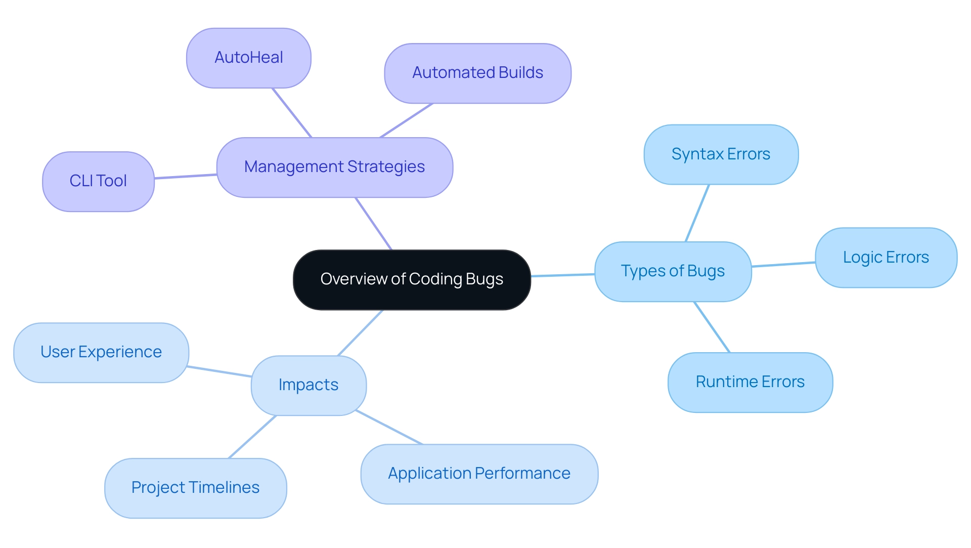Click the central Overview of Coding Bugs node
(x=412, y=279)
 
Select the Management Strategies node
(x=334, y=167)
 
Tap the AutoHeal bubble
(x=248, y=58)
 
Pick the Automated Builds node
(x=477, y=73)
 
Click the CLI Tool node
(x=98, y=181)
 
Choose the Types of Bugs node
(x=673, y=271)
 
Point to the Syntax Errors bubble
(x=721, y=154)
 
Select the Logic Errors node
(x=886, y=258)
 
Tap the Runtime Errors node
(x=750, y=382)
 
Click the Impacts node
(x=308, y=385)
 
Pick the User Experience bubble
(x=101, y=352)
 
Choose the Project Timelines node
(x=195, y=488)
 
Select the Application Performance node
(x=479, y=474)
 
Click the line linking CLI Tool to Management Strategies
(x=186, y=176)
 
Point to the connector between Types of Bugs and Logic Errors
(x=783, y=264)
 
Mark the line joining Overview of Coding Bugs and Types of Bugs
(x=562, y=275)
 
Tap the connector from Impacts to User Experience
(x=219, y=371)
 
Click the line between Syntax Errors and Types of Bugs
(x=697, y=213)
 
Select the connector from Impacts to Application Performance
(x=389, y=427)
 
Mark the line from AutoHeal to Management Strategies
(x=292, y=113)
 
